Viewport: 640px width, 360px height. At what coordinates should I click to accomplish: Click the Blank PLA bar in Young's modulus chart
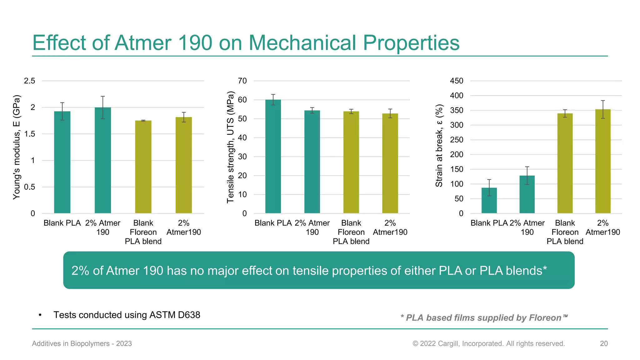pyautogui.click(x=62, y=162)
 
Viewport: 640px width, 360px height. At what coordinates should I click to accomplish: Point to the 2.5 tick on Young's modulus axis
pyautogui.click(x=30, y=81)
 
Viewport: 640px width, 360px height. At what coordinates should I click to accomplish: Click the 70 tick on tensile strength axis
pyautogui.click(x=242, y=81)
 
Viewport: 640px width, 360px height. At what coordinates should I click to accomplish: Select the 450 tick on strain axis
pyautogui.click(x=456, y=81)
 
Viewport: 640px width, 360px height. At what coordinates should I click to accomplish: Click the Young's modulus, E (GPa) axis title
pyautogui.click(x=16, y=147)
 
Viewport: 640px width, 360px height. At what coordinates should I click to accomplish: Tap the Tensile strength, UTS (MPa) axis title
pyautogui.click(x=230, y=147)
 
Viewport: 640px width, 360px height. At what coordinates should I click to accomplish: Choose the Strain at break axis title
pyautogui.click(x=439, y=146)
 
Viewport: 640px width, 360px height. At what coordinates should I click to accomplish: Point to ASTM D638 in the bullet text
pyautogui.click(x=175, y=315)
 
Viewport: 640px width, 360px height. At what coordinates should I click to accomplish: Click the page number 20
pyautogui.click(x=604, y=343)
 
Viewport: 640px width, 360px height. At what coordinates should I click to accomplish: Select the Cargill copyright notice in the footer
pyautogui.click(x=488, y=343)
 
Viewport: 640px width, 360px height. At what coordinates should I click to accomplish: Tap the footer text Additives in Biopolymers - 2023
pyautogui.click(x=82, y=343)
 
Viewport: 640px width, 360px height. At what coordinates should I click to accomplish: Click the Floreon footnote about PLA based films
pyautogui.click(x=484, y=318)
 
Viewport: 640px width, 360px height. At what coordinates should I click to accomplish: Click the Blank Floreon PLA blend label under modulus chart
pyautogui.click(x=143, y=232)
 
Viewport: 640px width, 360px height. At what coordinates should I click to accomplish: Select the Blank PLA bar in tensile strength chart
pyautogui.click(x=273, y=156)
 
